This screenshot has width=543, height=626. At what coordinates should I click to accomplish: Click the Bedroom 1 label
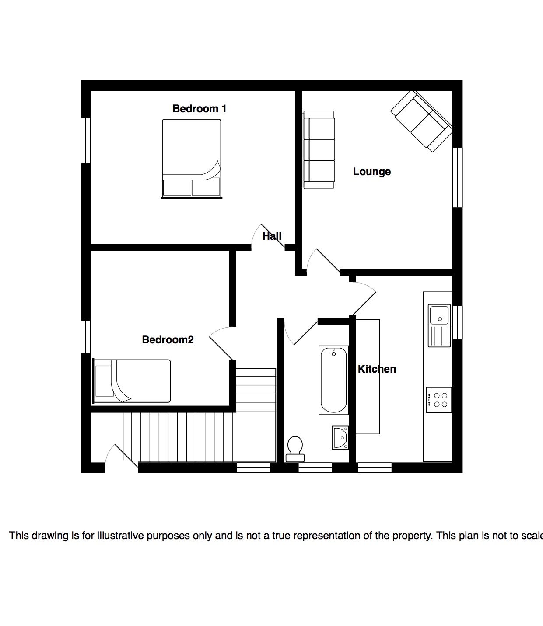(x=199, y=109)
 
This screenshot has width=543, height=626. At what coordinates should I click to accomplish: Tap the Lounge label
(x=371, y=172)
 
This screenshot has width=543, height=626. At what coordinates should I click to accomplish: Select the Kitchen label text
(x=377, y=369)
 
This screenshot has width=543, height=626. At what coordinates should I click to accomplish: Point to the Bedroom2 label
(x=168, y=340)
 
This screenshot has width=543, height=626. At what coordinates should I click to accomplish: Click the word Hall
(x=272, y=236)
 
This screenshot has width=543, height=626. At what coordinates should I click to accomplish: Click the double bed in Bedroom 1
(x=191, y=159)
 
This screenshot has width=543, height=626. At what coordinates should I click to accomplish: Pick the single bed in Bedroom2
(x=131, y=381)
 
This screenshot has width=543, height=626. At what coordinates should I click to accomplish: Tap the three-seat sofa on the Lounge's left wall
(x=319, y=150)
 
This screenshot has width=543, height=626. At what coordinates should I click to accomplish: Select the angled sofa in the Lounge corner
(x=422, y=121)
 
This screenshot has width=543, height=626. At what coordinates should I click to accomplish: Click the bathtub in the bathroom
(x=334, y=380)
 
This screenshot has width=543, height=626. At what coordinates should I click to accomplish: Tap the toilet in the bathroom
(x=295, y=449)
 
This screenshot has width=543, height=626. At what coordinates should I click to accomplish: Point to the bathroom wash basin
(x=340, y=438)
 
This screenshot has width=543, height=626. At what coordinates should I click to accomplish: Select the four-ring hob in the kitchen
(x=439, y=400)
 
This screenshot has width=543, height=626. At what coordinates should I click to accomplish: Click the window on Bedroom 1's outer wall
(x=86, y=141)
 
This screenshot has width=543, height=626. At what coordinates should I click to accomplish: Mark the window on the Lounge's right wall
(x=457, y=177)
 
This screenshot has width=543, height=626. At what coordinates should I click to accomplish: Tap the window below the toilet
(x=315, y=467)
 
